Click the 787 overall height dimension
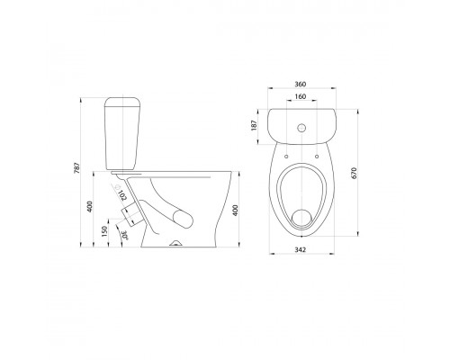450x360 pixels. [76, 168]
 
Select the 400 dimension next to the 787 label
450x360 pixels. [90, 206]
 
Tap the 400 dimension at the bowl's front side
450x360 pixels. [235, 210]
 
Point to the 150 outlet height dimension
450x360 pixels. [104, 231]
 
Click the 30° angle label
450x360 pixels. [124, 235]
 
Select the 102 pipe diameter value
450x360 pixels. [122, 195]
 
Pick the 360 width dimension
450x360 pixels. [300, 85]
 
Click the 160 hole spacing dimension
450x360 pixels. [301, 96]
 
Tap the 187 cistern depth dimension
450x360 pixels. [254, 125]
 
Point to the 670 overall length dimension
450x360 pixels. [354, 174]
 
